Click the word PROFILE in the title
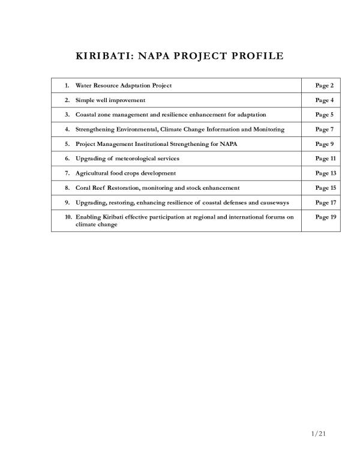coord(253,57)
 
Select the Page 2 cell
coord(324,86)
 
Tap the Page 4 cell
coord(324,100)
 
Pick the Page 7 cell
coord(324,129)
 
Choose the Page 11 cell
coord(325,158)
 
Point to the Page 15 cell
coord(325,188)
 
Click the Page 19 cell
coord(325,217)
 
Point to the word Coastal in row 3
coord(86,115)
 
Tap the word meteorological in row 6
coord(132,158)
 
